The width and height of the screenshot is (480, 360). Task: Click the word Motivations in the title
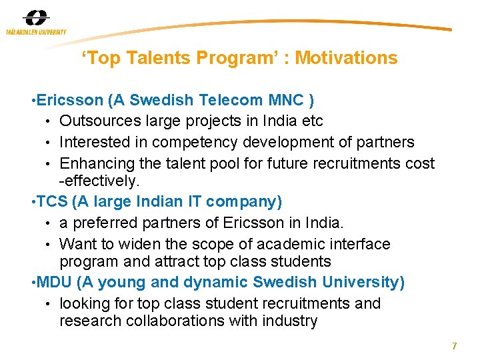pos(346,58)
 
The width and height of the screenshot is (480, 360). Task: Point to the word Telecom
pos(233,100)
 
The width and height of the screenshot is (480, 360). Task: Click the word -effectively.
pos(100,181)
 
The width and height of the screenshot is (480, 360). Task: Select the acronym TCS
pos(51,201)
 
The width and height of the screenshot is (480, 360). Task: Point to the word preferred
pos(107,223)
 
